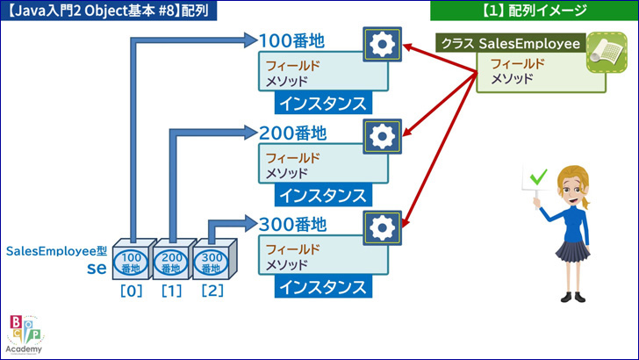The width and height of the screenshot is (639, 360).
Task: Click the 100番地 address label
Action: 291,40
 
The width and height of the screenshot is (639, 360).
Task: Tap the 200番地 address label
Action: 292,133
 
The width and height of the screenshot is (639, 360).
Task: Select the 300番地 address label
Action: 292,224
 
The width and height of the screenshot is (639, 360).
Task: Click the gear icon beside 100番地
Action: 383,45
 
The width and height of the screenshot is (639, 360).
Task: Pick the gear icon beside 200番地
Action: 383,136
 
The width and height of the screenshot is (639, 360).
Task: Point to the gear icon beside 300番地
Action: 383,228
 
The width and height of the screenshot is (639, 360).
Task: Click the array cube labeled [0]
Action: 133,259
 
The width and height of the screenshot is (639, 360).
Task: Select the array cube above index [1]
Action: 173,259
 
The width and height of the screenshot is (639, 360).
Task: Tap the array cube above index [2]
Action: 213,259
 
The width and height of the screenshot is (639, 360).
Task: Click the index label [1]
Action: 171,291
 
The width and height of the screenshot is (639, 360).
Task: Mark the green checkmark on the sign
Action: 538,176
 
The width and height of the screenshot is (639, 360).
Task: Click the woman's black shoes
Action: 573,297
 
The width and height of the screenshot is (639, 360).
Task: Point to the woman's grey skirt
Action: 572,251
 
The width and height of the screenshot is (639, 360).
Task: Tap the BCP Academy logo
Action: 25,335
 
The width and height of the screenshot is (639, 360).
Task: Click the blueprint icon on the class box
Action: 607,53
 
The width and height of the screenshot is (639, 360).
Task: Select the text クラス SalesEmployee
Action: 511,44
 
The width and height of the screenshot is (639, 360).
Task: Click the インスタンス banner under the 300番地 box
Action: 323,286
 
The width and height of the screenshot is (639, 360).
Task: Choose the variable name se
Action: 97,268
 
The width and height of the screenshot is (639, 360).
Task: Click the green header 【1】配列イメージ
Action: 535,11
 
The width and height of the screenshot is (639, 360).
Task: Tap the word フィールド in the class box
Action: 518,64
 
